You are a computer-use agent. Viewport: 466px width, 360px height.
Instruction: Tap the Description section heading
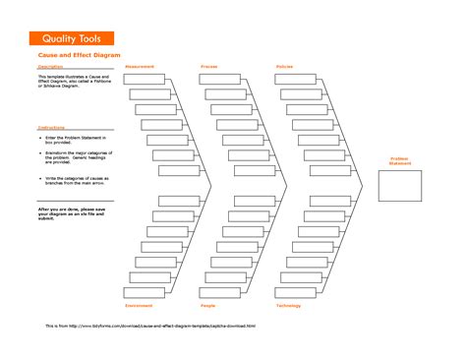point(49,67)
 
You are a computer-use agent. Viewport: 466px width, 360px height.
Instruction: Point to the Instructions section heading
point(50,128)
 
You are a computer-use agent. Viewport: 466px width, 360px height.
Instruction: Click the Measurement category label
point(140,66)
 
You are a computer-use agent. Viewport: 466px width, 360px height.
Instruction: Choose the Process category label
point(209,66)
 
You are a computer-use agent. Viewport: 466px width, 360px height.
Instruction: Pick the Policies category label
point(284,66)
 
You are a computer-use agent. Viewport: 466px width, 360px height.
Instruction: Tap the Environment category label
point(139,306)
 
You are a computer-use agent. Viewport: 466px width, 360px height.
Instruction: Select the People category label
point(208,306)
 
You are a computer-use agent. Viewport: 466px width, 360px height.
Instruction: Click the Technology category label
point(288,306)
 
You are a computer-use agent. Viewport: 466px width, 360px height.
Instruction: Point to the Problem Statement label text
point(399,159)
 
